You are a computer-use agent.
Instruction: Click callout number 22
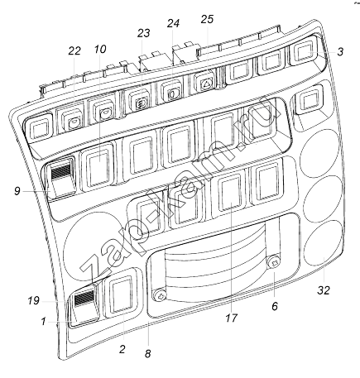point(74,51)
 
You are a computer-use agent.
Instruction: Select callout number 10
point(100,50)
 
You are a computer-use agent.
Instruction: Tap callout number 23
point(144,33)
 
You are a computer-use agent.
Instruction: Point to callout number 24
point(173,23)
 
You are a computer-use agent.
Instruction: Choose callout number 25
point(207,19)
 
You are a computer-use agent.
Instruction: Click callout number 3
point(340,51)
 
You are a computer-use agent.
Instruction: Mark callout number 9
point(17,191)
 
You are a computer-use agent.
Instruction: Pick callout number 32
point(324,290)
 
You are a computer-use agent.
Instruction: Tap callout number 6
point(275,306)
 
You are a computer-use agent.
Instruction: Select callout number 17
point(231,318)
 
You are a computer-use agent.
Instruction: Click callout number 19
point(33,300)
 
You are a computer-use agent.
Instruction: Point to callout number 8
point(148,354)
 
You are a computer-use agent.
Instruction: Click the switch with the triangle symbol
point(205,81)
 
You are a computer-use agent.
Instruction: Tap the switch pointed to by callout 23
point(141,103)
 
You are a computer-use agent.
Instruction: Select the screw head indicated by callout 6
point(274,262)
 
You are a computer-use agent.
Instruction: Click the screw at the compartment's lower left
point(160,295)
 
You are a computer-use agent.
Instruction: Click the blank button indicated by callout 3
point(304,53)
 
